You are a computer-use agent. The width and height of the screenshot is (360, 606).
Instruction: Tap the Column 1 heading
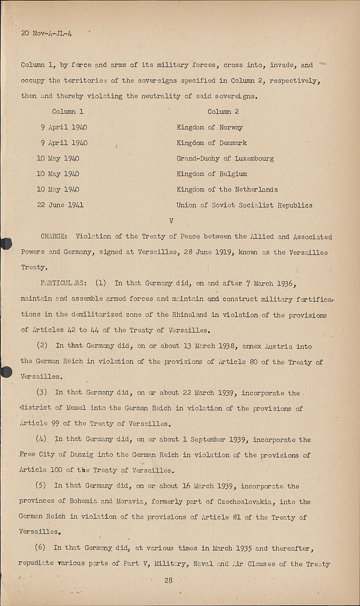coord(67,112)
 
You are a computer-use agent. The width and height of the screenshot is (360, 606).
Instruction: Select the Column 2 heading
coord(223,112)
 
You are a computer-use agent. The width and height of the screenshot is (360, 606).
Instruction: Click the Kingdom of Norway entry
coord(209,127)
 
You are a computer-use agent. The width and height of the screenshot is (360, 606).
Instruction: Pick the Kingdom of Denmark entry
coord(211,143)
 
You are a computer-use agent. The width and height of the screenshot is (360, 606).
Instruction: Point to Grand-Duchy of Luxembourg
coord(225,158)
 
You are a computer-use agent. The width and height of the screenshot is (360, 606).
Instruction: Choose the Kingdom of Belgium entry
coord(211,174)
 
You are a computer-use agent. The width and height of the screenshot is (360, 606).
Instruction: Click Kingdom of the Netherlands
coord(227,189)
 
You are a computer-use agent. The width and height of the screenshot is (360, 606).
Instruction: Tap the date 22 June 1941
coord(60,205)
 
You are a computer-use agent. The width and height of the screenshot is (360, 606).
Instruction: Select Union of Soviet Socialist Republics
coord(244,205)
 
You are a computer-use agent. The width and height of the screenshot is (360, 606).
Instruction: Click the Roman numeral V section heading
coord(171,221)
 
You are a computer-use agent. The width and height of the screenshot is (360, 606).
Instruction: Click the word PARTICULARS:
coord(63,283)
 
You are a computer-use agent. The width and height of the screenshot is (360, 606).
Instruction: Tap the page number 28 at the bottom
coord(168,580)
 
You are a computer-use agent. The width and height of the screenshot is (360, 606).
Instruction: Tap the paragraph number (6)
coord(40,548)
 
